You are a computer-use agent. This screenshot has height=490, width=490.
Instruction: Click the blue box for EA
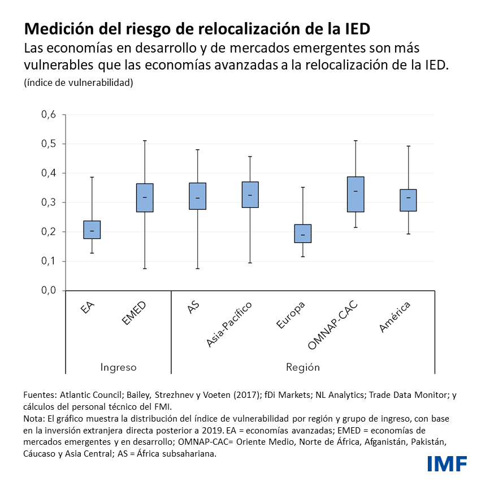(x=92, y=229)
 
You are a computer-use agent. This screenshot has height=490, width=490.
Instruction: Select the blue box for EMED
(x=145, y=198)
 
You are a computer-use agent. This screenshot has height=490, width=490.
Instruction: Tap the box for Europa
(x=303, y=233)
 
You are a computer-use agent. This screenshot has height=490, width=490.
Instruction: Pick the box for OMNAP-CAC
(x=355, y=194)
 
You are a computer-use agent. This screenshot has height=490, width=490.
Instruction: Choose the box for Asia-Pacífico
(x=250, y=194)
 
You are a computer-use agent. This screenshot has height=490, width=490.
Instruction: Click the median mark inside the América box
(x=408, y=197)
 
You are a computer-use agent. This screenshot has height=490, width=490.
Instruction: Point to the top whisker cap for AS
(x=198, y=150)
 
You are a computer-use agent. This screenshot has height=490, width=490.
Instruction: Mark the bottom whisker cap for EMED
(x=145, y=268)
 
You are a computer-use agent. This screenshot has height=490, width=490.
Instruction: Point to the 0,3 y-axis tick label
(x=49, y=202)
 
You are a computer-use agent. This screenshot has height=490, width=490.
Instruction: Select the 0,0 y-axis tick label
(x=49, y=290)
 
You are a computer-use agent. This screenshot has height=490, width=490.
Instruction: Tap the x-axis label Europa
(x=291, y=315)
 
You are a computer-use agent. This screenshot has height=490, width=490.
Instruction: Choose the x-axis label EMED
(x=134, y=313)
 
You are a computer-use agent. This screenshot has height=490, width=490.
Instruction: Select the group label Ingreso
(x=118, y=367)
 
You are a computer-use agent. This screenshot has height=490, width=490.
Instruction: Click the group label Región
(x=303, y=367)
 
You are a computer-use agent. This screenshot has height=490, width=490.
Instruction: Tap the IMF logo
(x=447, y=463)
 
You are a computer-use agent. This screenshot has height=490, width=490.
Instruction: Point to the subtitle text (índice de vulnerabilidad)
(x=79, y=83)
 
